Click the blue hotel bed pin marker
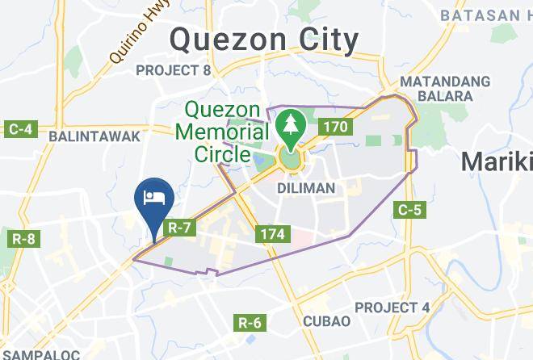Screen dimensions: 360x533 (x=153, y=199)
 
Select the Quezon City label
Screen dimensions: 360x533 (x=264, y=38)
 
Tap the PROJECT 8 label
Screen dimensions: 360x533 (x=173, y=71)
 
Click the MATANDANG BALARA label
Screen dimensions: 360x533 (x=445, y=89)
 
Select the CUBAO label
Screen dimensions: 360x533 (x=327, y=321)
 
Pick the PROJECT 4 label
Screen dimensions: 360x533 (x=392, y=308)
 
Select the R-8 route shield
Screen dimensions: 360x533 (x=24, y=239)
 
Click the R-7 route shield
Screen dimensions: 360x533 (x=180, y=228)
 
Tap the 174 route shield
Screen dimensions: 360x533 (x=271, y=235)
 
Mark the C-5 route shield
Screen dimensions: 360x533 (x=409, y=210)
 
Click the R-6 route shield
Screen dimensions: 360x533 (x=250, y=323)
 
